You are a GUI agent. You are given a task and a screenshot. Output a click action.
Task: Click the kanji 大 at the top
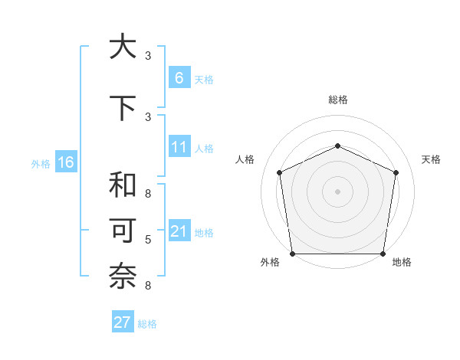[x=123, y=47]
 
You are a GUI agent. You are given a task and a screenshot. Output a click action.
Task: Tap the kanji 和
[x=123, y=184]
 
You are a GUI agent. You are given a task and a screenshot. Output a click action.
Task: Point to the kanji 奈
[x=123, y=277]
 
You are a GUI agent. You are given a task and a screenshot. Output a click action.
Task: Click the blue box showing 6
[x=179, y=78]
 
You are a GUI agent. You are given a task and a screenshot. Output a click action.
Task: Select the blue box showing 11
[x=179, y=147]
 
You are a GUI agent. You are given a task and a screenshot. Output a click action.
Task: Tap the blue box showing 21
[x=179, y=231]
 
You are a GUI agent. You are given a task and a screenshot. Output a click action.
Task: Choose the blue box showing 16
[x=65, y=162]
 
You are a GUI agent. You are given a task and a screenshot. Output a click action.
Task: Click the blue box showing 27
[x=123, y=322]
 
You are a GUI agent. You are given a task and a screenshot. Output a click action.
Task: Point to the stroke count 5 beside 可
[x=148, y=240]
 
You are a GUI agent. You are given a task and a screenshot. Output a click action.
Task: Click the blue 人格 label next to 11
[x=204, y=148]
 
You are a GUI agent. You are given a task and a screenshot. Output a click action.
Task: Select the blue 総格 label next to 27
[x=147, y=324]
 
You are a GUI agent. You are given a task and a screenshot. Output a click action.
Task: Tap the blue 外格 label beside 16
[x=41, y=163]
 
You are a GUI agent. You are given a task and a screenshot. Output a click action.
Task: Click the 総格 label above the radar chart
[x=337, y=100]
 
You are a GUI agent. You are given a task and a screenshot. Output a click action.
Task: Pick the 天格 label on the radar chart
[x=432, y=159]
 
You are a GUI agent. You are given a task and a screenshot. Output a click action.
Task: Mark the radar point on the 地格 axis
[x=383, y=254]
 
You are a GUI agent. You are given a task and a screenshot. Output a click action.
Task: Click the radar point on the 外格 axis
[x=292, y=254]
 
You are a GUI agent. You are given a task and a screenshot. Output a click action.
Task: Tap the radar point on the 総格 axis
[x=337, y=146]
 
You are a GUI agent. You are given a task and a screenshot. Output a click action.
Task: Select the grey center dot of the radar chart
[x=337, y=191]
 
